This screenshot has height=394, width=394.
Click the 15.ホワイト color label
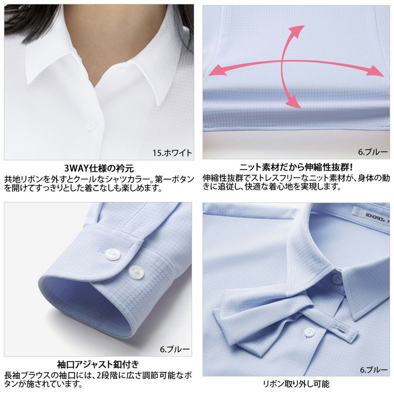point(172,152)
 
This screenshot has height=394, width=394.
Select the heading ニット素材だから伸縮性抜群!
point(296,167)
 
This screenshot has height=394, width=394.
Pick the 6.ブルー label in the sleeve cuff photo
point(175,349)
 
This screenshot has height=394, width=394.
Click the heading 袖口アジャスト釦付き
point(98,363)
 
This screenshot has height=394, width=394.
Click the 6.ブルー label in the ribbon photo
point(374,370)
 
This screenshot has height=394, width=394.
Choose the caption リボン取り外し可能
point(296,383)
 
